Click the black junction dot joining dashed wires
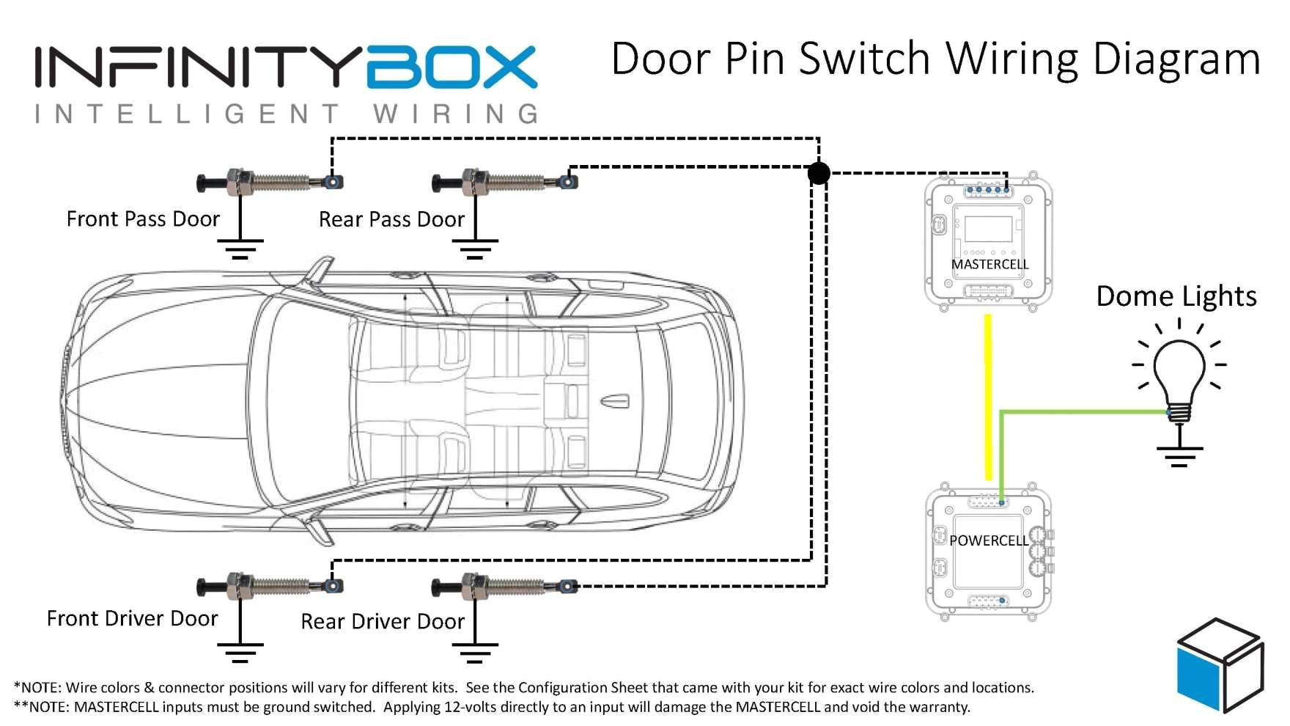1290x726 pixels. tap(819, 173)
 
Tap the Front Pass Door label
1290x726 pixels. tap(143, 219)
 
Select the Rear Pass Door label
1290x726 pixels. tap(391, 219)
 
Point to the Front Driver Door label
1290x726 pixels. tap(132, 618)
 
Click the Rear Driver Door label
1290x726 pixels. tap(383, 621)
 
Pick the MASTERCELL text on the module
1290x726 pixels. tap(989, 264)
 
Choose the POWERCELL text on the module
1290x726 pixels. tap(989, 540)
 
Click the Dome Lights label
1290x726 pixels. tap(1176, 296)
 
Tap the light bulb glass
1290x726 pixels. tap(1179, 370)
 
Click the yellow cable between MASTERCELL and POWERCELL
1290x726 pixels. tap(988, 396)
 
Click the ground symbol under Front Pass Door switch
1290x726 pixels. tap(240, 248)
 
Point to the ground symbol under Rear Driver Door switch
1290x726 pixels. tap(475, 652)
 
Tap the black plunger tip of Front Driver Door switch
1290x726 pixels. tap(204, 587)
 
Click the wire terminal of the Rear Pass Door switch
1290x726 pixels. tap(568, 181)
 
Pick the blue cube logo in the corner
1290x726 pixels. tap(1219, 665)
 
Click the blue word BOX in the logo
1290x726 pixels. tap(451, 67)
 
